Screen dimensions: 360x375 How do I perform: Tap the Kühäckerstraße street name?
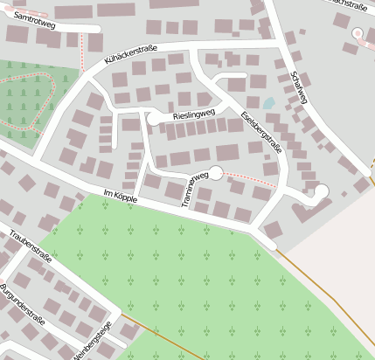(x=130, y=54)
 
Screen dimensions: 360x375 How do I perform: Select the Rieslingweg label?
(x=193, y=114)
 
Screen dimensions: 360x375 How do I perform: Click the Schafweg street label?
(x=299, y=87)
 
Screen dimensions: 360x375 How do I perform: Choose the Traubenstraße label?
(x=31, y=247)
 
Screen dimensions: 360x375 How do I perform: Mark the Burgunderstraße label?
(x=22, y=302)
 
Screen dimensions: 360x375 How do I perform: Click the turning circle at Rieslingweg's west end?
(x=155, y=118)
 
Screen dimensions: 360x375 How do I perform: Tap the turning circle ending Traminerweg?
(x=216, y=172)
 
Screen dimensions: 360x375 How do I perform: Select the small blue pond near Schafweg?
(x=268, y=103)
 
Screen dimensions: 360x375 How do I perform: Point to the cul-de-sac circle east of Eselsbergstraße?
(x=321, y=190)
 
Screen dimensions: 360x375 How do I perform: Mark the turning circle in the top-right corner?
(x=357, y=33)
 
